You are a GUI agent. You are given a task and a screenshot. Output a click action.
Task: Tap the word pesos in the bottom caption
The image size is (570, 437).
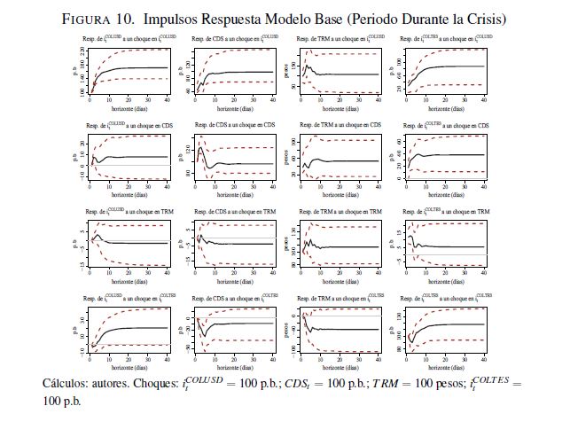coord(449,383)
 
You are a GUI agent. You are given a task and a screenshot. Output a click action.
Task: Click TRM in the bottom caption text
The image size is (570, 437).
coord(387,383)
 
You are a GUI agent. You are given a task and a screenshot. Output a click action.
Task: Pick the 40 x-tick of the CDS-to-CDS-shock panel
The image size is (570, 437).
coord(270,185)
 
